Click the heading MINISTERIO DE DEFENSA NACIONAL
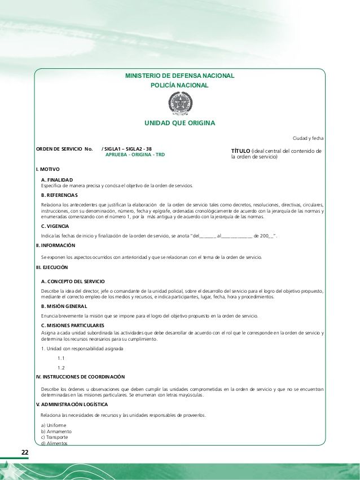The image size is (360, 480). (179, 76)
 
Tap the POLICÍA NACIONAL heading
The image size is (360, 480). (179, 85)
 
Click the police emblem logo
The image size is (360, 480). (180, 104)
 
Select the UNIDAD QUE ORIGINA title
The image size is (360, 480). (179, 122)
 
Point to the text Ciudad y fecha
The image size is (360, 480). (308, 138)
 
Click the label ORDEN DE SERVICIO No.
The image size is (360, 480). (64, 149)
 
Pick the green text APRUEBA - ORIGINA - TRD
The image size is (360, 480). (135, 155)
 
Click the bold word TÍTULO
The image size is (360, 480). (241, 151)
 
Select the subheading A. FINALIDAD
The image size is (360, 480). (57, 180)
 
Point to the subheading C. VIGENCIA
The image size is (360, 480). (55, 226)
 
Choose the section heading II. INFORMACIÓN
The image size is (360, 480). (55, 245)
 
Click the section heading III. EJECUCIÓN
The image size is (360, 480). (52, 267)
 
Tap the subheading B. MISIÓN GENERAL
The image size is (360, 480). (64, 306)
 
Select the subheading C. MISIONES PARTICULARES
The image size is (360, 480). (72, 326)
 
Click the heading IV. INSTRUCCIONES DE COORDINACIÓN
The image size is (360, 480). (80, 376)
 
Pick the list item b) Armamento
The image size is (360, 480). (56, 431)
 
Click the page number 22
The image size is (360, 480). (25, 453)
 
